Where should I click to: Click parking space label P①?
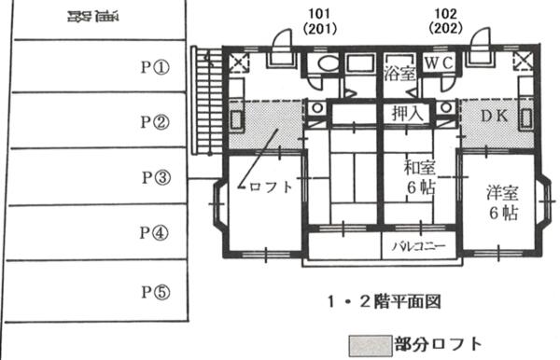pos(154,67)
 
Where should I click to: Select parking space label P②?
pos(154,121)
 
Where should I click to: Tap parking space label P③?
pos(155,176)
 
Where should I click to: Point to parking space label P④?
pos(154,232)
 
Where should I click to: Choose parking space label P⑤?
pos(155,291)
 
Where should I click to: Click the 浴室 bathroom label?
pos(399,75)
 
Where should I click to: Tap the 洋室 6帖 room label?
pos(504,203)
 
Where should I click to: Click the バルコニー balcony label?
pos(417,247)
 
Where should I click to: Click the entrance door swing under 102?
pos(481,42)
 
